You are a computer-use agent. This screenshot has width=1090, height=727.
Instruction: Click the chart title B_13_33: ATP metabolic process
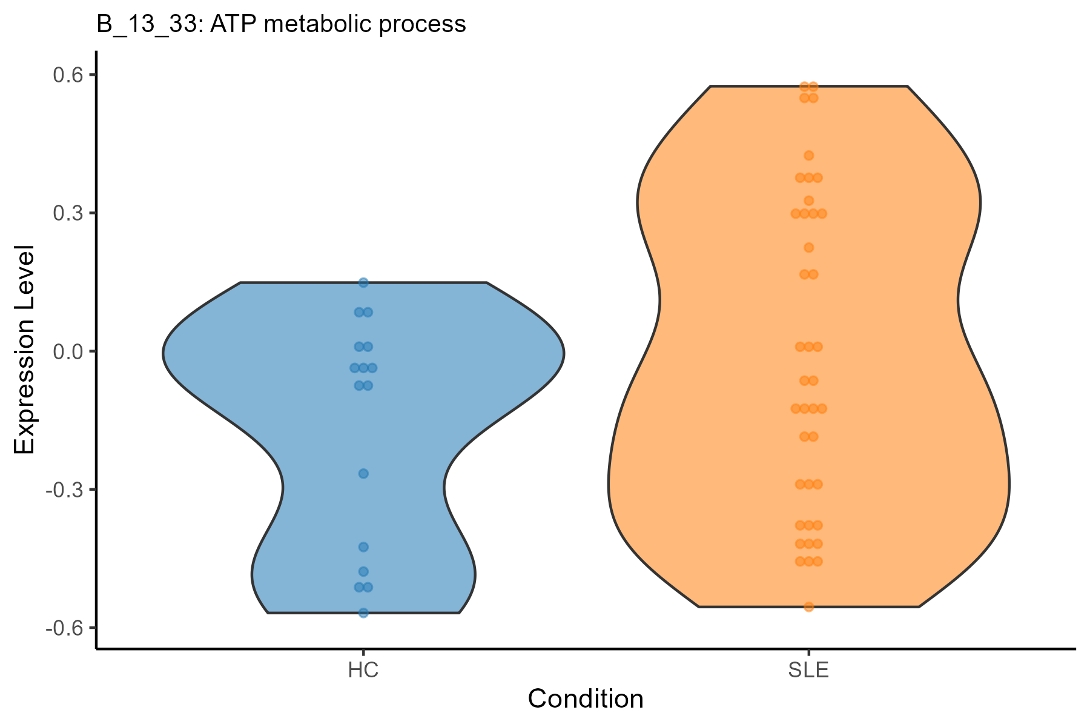(281, 24)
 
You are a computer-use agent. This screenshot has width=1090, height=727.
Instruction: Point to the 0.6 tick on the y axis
(68, 75)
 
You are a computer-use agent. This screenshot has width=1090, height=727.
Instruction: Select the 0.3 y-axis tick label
(68, 213)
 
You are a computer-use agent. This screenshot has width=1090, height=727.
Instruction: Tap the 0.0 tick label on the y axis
(68, 351)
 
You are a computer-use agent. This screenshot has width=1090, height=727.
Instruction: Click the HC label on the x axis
(363, 671)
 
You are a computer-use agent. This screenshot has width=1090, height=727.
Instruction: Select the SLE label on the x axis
(808, 671)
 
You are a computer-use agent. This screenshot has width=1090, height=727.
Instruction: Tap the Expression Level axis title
(24, 350)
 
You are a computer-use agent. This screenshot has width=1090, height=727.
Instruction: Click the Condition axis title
(586, 699)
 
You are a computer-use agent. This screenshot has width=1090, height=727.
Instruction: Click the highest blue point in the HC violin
(363, 282)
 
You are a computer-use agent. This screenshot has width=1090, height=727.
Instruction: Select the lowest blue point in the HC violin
(363, 613)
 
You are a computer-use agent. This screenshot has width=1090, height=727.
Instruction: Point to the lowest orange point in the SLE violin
(808, 607)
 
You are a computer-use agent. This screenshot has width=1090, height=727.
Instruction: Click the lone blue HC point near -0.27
(363, 474)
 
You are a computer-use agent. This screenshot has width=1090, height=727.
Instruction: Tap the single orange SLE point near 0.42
(808, 156)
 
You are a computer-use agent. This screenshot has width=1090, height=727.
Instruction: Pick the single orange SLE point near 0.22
(808, 248)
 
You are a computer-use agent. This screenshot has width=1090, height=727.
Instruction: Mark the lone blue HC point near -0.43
(363, 547)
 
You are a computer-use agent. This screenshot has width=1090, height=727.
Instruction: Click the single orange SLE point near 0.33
(808, 201)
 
